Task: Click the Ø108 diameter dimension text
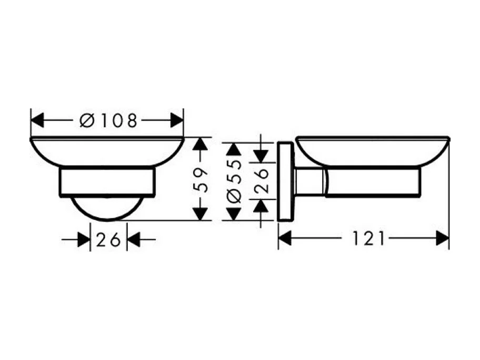click(x=108, y=121)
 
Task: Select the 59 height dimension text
click(x=198, y=179)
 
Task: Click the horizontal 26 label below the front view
click(x=108, y=241)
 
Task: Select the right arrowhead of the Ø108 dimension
click(x=177, y=121)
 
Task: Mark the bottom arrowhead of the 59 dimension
click(x=198, y=214)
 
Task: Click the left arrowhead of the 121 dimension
click(x=285, y=239)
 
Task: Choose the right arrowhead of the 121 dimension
click(x=442, y=239)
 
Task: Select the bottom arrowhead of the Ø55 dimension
click(x=232, y=214)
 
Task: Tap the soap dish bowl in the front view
click(x=107, y=153)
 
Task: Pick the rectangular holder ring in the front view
click(x=107, y=182)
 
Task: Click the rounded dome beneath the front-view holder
click(x=107, y=209)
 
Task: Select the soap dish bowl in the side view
click(x=372, y=152)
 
